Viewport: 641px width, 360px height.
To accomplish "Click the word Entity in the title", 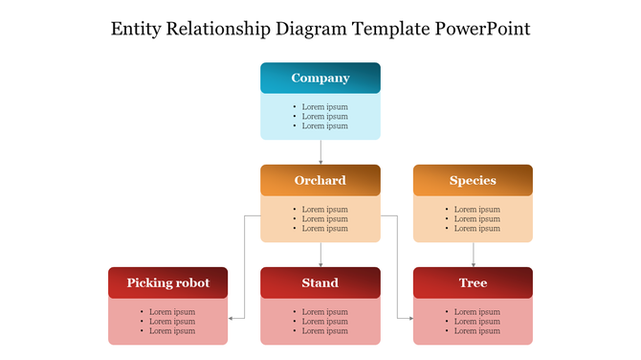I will click(x=138, y=29).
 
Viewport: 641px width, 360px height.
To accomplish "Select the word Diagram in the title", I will click(x=315, y=29).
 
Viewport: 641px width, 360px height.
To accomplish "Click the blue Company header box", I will click(x=320, y=79).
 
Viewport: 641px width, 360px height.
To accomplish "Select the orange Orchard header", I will click(x=320, y=180).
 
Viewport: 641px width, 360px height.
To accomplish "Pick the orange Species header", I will click(x=473, y=180).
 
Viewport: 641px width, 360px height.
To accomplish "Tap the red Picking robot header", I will click(x=168, y=282).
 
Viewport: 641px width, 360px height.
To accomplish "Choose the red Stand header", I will click(x=320, y=282).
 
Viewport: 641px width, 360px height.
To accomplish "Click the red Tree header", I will click(x=473, y=282).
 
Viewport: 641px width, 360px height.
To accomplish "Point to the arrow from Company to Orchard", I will click(x=320, y=152).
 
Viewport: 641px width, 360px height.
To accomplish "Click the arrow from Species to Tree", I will click(x=473, y=254).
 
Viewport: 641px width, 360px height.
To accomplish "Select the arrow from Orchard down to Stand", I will click(x=320, y=254).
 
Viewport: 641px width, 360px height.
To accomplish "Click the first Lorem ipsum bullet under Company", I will click(x=324, y=106).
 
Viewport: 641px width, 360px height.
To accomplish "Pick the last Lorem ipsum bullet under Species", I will click(x=476, y=229).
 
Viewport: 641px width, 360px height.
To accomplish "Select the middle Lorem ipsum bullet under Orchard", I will click(x=324, y=219).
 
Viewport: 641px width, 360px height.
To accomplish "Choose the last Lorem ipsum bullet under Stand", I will click(x=324, y=331).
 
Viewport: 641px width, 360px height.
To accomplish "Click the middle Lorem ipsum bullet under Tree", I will click(x=476, y=322).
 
